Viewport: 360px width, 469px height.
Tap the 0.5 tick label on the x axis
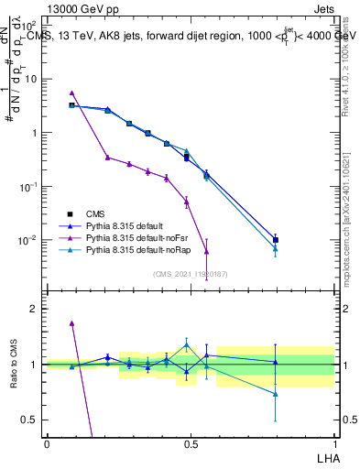pos(191,443)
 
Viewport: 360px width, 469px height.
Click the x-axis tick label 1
pos(333,443)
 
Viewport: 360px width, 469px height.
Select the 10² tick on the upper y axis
pos(30,25)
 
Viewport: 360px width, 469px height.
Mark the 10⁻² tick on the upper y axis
pos(30,240)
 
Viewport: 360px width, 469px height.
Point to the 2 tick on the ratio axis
pos(34,309)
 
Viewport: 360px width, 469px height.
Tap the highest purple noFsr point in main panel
pos(72,93)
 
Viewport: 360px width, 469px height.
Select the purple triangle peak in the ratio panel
pos(72,323)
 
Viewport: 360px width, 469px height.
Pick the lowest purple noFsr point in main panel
pos(207,251)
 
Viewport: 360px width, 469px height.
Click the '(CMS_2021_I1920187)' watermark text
pos(190,273)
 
